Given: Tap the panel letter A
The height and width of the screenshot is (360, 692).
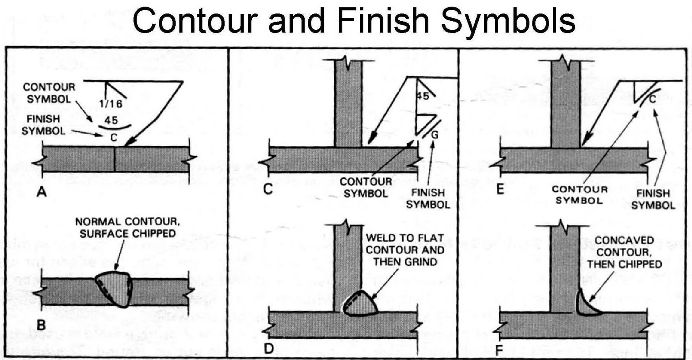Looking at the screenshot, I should pyautogui.click(x=42, y=191).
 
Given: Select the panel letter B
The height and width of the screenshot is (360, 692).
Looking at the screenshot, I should pyautogui.click(x=41, y=325).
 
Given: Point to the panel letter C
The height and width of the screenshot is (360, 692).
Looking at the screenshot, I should pyautogui.click(x=268, y=189).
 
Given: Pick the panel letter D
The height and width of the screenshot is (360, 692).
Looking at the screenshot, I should pyautogui.click(x=269, y=348).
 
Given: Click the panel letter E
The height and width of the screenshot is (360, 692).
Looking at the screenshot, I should pyautogui.click(x=500, y=189).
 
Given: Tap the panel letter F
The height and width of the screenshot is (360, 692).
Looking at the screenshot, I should pyautogui.click(x=499, y=350).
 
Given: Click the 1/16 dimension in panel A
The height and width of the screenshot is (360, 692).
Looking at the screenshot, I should pyautogui.click(x=111, y=104).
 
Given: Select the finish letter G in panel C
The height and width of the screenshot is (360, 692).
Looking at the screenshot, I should pyautogui.click(x=435, y=135).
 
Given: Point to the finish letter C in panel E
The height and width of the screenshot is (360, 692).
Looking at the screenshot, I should pyautogui.click(x=653, y=100).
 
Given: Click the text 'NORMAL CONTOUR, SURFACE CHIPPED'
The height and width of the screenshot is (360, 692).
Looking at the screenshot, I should pyautogui.click(x=127, y=228).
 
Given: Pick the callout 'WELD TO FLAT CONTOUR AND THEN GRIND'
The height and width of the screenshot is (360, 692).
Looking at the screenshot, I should pyautogui.click(x=405, y=250).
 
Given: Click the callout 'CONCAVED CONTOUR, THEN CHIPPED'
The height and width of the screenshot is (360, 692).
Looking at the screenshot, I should pyautogui.click(x=624, y=252).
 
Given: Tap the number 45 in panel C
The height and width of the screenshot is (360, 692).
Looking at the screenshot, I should pyautogui.click(x=423, y=96).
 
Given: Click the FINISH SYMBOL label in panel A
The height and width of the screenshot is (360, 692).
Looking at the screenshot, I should pyautogui.click(x=43, y=125).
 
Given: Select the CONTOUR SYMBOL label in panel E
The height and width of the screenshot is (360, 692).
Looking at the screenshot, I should pyautogui.click(x=580, y=195).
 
